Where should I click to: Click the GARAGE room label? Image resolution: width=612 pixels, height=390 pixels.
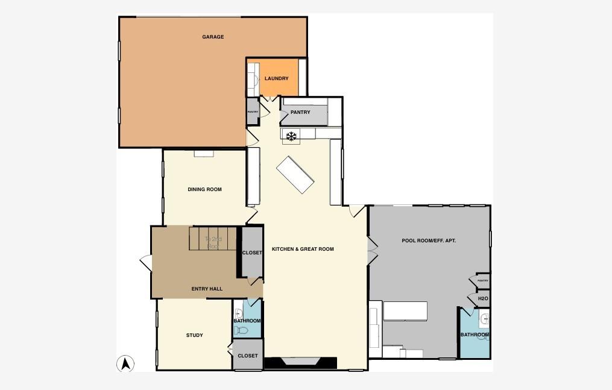pyautogui.click(x=213, y=37)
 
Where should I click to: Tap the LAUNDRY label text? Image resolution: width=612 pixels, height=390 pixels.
pyautogui.click(x=277, y=78)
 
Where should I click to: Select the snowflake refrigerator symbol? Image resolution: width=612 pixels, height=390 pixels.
pyautogui.click(x=291, y=136)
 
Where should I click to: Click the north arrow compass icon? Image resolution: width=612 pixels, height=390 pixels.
pyautogui.click(x=125, y=363)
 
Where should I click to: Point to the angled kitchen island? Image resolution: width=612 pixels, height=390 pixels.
pyautogui.click(x=295, y=175)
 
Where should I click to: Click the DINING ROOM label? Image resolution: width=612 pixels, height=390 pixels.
pyautogui.click(x=204, y=189)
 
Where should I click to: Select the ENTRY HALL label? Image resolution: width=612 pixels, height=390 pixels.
pyautogui.click(x=207, y=289)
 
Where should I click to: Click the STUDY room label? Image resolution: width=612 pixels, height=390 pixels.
pyautogui.click(x=194, y=335)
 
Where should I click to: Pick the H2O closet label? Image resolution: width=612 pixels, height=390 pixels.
pyautogui.click(x=482, y=298)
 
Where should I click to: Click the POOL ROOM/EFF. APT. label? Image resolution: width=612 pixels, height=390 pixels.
pyautogui.click(x=429, y=241)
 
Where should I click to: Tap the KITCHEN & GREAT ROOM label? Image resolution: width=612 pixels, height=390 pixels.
pyautogui.click(x=303, y=249)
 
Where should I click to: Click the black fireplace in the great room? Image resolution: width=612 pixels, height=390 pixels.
pyautogui.click(x=300, y=362)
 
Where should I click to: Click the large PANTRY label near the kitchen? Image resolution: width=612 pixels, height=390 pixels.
pyautogui.click(x=300, y=112)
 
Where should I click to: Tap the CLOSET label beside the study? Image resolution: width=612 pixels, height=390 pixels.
pyautogui.click(x=247, y=356)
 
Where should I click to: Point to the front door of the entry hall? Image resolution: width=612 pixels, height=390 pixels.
pyautogui.click(x=145, y=262)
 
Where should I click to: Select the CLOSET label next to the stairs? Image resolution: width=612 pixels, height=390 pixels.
pyautogui.click(x=252, y=253)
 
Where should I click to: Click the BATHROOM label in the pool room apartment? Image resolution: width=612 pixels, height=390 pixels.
pyautogui.click(x=474, y=335)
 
